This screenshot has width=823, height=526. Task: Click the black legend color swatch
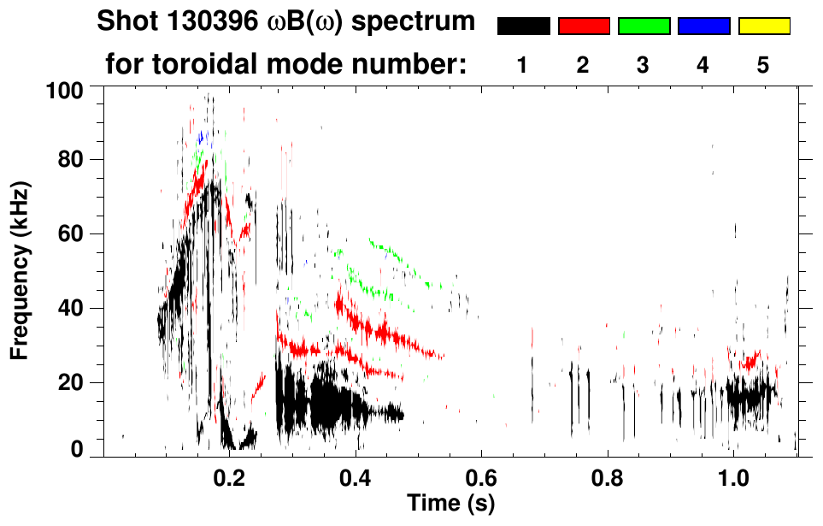point(523,27)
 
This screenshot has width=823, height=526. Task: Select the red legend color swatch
point(584,27)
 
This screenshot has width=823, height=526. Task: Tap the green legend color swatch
point(644,27)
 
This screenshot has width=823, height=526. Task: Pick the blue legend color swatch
point(703,27)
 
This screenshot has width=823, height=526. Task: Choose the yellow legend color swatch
point(764,27)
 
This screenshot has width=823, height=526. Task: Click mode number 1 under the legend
point(522,66)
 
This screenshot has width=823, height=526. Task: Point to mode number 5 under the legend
point(763,66)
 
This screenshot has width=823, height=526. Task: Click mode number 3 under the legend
point(643,66)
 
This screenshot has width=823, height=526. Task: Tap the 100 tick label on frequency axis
point(64,89)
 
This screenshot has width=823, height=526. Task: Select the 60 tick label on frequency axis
point(70,233)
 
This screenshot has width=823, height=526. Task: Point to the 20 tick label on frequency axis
point(70,382)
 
